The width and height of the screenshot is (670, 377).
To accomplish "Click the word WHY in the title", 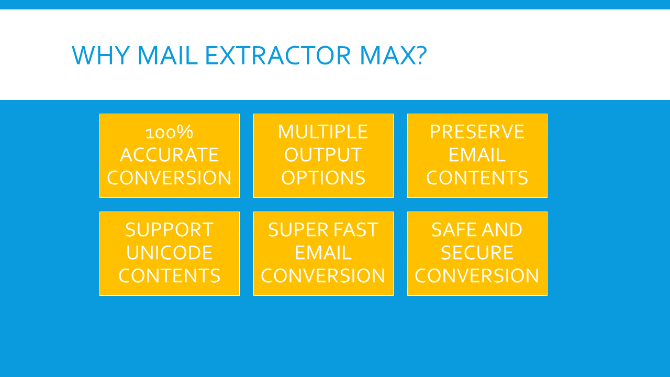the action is click(100, 55).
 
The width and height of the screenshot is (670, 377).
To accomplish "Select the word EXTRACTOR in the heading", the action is click(278, 55).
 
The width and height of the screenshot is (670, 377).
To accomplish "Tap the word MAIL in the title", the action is click(167, 55).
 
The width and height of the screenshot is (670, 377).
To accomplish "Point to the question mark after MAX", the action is click(421, 55).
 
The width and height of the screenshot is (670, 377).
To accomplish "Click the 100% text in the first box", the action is click(169, 132).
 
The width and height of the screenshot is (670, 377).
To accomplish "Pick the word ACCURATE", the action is click(169, 154).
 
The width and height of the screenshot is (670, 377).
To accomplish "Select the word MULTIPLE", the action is click(323, 131).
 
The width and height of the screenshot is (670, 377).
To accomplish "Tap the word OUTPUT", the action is click(323, 154).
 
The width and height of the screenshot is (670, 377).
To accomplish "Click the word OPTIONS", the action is click(323, 178).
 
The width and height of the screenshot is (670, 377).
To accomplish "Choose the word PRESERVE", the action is click(477, 131).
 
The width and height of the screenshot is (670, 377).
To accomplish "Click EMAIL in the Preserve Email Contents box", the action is click(477, 154).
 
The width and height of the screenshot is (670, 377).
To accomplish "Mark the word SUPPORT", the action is click(169, 230).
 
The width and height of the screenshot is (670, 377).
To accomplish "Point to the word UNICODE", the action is click(169, 253).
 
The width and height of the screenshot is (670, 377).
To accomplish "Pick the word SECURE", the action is click(477, 253).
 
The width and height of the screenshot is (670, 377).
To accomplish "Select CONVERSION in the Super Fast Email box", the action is click(323, 275).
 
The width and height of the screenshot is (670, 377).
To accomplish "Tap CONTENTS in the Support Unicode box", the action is click(169, 275).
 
